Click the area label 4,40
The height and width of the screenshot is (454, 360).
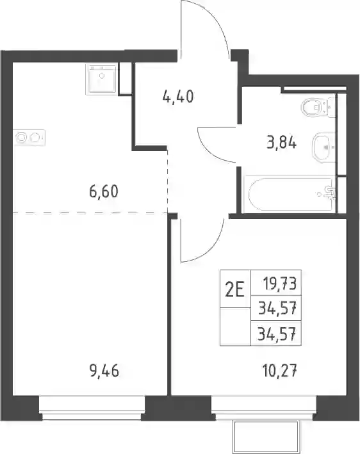178,97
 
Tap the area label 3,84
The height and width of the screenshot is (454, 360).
282,143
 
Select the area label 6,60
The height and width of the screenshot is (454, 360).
104,191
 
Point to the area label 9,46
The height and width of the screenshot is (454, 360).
104,371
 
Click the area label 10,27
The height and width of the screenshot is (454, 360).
280,371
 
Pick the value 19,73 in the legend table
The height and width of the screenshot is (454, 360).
280,284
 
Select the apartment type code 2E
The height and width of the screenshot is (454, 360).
235,290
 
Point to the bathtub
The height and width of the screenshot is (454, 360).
289,194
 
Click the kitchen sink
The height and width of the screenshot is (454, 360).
102,79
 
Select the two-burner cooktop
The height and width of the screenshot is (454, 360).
29,138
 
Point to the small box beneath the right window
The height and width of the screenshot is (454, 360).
266,437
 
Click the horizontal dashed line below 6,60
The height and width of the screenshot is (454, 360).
90,213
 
